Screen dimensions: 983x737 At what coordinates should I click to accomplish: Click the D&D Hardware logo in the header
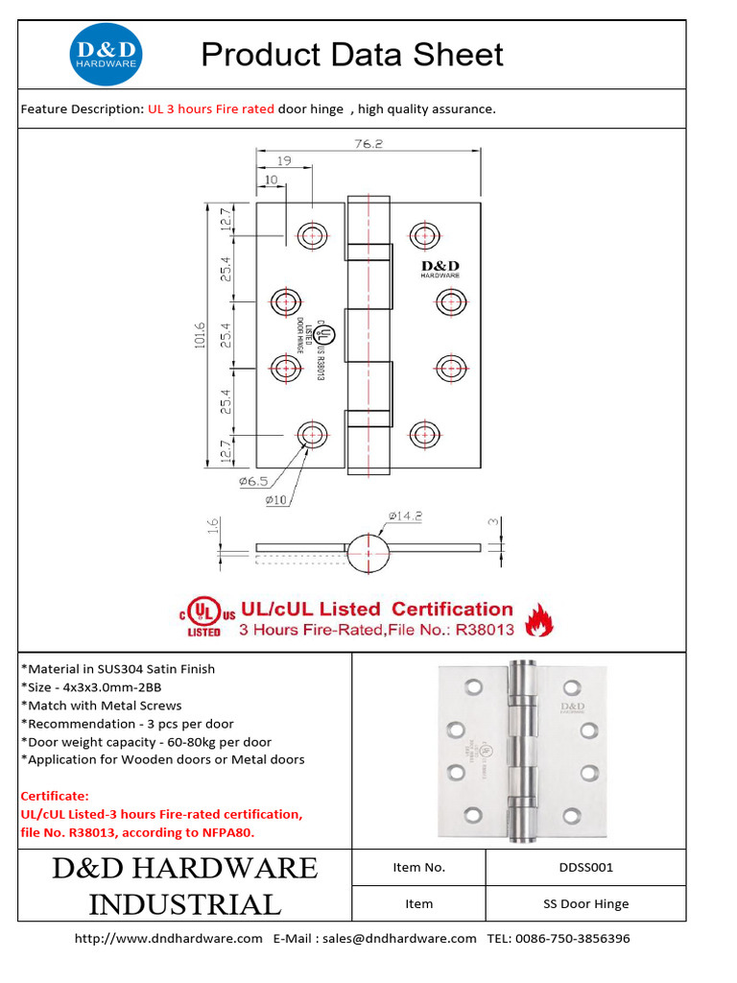pyautogui.click(x=107, y=55)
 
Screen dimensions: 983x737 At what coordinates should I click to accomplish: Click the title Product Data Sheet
pyautogui.click(x=352, y=55)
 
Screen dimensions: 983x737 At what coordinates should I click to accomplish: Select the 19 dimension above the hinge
pyautogui.click(x=285, y=162)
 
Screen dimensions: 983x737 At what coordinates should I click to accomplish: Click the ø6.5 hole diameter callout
pyautogui.click(x=253, y=482)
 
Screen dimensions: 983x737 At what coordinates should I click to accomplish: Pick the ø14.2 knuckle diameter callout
pyautogui.click(x=406, y=515)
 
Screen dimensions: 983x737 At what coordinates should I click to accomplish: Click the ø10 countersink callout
pyautogui.click(x=276, y=499)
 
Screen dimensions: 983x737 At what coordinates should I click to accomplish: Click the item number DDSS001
pyautogui.click(x=585, y=867)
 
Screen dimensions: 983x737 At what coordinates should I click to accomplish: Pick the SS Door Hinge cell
pyautogui.click(x=585, y=903)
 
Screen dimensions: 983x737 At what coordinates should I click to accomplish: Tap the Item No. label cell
pyautogui.click(x=419, y=867)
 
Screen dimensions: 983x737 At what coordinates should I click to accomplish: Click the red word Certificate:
pyautogui.click(x=54, y=796)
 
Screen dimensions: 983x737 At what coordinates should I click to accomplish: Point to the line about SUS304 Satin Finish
pyautogui.click(x=118, y=669)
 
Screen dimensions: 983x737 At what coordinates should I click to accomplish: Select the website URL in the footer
pyautogui.click(x=169, y=938)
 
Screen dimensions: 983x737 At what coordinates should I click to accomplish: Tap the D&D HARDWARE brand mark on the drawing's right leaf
pyautogui.click(x=440, y=269)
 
